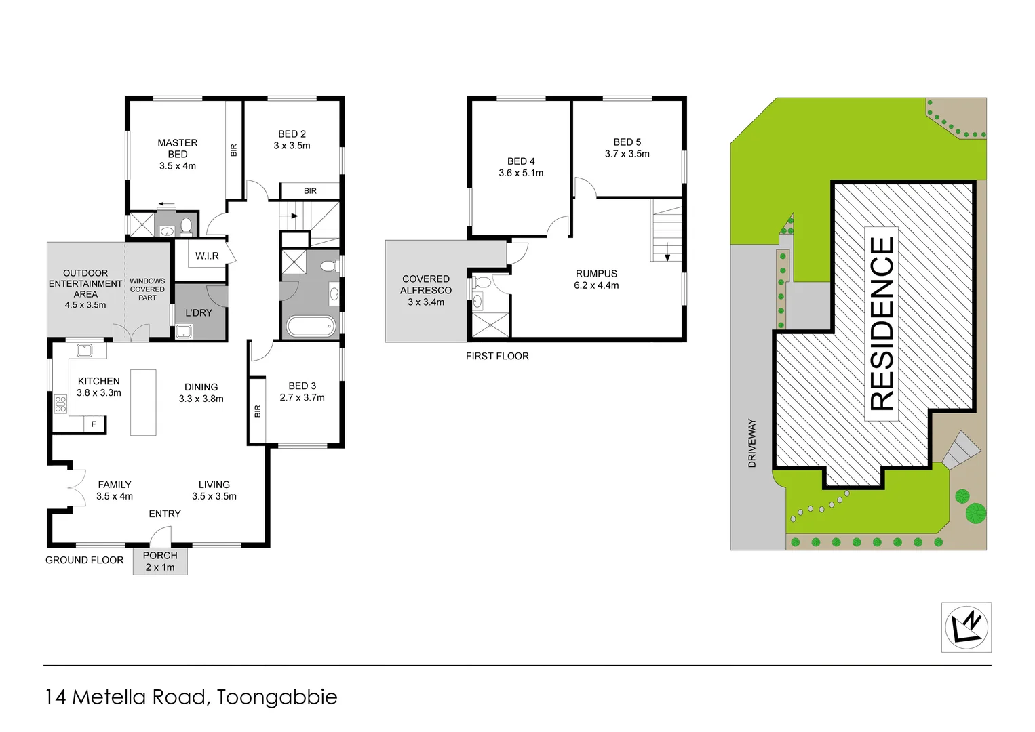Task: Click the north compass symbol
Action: click(966, 627)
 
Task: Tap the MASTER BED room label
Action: click(178, 154)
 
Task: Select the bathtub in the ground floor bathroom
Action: click(311, 326)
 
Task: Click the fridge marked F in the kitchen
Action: click(94, 424)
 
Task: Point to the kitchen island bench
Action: click(143, 402)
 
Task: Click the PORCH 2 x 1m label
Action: click(160, 561)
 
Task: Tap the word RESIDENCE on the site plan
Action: click(882, 323)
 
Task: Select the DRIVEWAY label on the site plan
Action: click(751, 443)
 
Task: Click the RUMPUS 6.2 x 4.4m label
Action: click(596, 279)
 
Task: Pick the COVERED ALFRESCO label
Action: click(426, 290)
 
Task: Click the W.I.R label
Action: click(207, 256)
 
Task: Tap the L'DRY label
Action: click(199, 312)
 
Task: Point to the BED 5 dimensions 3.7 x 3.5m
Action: click(627, 154)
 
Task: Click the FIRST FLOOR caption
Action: click(497, 356)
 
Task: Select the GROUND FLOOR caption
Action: click(85, 560)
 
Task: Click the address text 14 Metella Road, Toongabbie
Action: click(191, 697)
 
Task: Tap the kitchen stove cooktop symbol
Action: click(60, 404)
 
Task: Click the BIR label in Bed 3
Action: click(258, 411)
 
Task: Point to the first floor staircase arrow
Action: click(667, 256)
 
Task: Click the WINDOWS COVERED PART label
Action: click(147, 289)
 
